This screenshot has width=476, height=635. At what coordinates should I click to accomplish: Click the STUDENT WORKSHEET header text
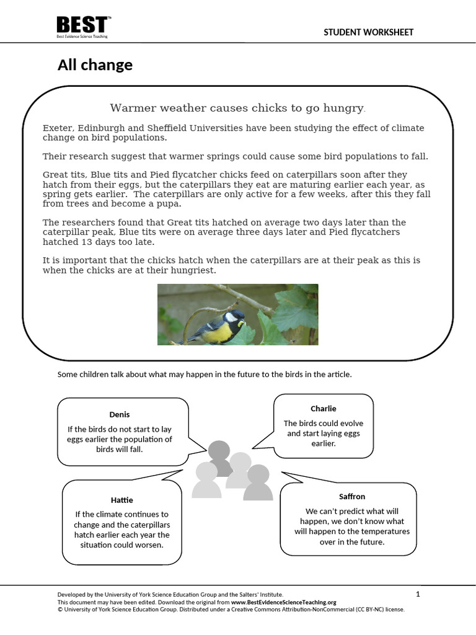click(368, 32)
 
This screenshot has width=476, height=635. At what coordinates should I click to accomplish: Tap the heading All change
click(95, 64)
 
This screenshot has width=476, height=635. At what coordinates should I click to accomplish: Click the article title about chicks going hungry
click(237, 109)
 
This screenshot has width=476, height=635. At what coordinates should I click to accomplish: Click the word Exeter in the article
click(57, 128)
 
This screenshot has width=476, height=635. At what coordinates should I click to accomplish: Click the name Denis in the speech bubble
click(120, 414)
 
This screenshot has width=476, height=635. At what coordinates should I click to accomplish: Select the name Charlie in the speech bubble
click(324, 408)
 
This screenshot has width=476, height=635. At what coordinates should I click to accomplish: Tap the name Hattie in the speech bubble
click(121, 500)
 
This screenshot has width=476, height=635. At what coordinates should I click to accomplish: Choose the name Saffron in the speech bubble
click(352, 496)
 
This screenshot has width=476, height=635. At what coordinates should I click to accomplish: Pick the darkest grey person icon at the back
click(218, 456)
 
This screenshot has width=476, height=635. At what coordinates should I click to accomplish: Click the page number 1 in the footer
click(418, 594)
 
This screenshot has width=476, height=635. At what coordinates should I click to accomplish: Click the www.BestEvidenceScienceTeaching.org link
click(284, 602)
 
